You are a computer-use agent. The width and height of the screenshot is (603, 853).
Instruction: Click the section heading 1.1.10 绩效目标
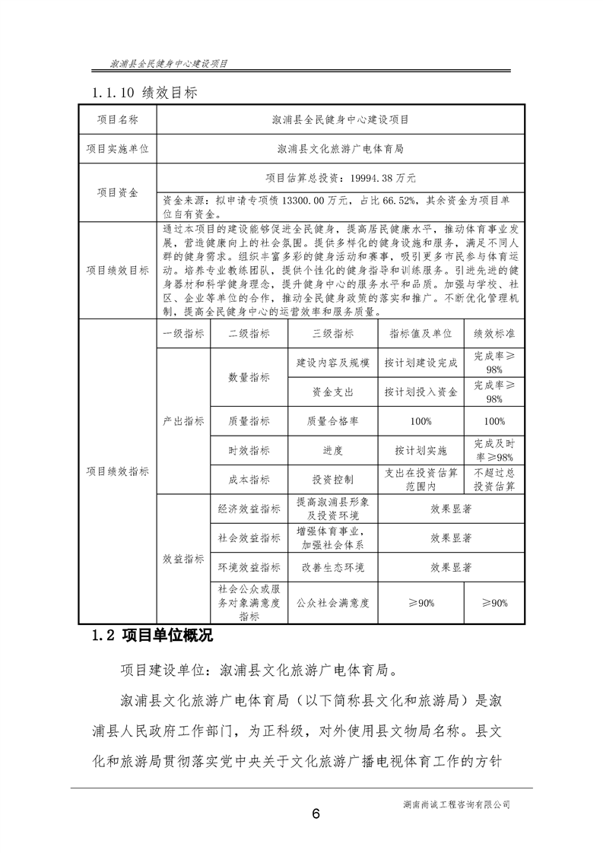click(x=144, y=93)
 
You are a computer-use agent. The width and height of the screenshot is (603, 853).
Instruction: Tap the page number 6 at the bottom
click(x=316, y=813)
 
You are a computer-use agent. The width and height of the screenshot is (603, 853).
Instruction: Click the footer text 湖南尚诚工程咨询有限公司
click(x=459, y=803)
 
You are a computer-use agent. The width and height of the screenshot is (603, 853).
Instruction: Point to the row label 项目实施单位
click(x=117, y=148)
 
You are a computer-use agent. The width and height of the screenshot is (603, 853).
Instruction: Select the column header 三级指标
click(x=333, y=333)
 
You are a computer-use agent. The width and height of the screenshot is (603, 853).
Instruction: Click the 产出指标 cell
click(x=183, y=420)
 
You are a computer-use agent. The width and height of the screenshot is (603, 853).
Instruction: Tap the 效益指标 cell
click(x=183, y=559)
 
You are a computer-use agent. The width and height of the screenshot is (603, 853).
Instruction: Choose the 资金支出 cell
click(x=333, y=392)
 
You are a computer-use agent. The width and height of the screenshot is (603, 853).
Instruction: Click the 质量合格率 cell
click(x=333, y=420)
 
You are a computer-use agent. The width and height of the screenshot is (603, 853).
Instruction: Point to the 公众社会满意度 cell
click(x=333, y=602)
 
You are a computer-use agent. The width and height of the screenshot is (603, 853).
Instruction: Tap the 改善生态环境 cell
click(x=333, y=567)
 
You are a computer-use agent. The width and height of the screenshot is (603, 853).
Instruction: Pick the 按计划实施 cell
click(x=421, y=450)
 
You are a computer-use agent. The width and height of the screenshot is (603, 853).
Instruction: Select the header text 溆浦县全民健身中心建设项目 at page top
click(x=170, y=64)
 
